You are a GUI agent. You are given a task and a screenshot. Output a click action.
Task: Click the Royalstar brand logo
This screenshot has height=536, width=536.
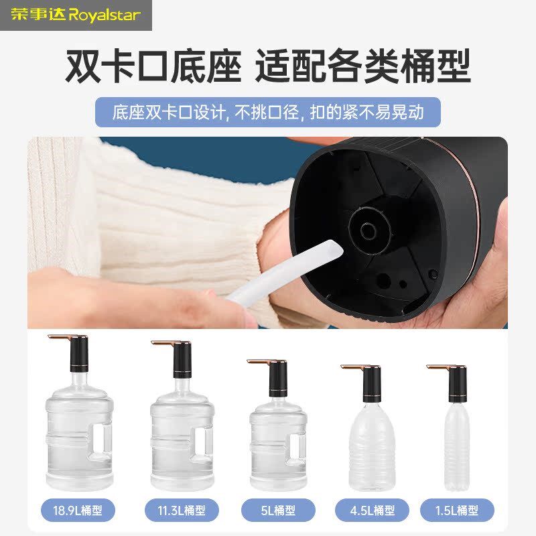point(76,15)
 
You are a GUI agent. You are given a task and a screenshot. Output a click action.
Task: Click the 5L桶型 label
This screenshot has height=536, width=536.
point(277,511)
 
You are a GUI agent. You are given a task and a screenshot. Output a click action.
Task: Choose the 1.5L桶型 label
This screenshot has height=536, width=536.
point(457,511)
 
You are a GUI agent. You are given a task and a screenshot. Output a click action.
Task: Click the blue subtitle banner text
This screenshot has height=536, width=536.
point(268,112)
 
